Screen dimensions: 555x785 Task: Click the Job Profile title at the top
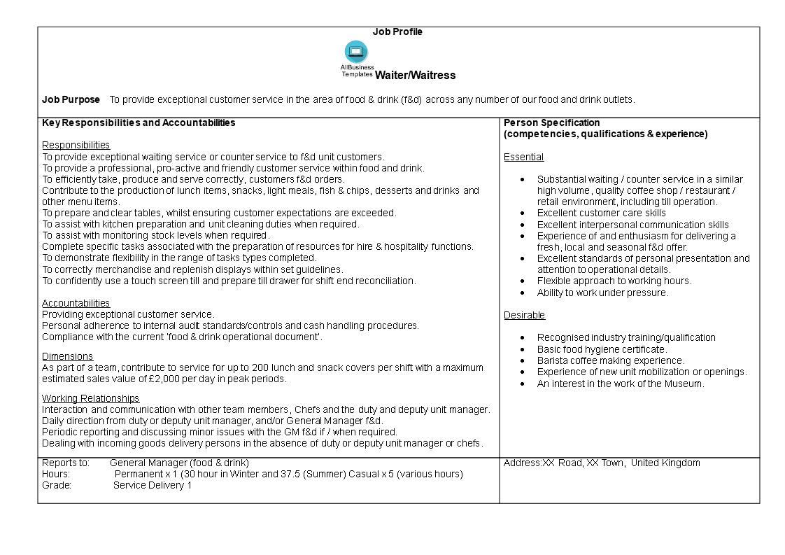(x=397, y=31)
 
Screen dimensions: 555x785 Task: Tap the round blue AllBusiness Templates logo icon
(x=355, y=52)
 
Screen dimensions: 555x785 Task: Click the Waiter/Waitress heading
(x=415, y=76)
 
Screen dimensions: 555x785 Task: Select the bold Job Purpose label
(x=71, y=99)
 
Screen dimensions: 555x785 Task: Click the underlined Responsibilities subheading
(x=76, y=145)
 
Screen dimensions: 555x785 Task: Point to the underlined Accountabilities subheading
(x=76, y=303)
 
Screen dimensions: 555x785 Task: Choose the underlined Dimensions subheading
(x=67, y=356)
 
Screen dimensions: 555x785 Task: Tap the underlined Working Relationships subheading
(x=90, y=398)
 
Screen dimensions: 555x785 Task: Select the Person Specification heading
(x=551, y=122)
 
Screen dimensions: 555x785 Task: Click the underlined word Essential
(x=523, y=157)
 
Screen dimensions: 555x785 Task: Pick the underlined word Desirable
(x=524, y=315)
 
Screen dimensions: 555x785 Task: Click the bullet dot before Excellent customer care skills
(x=523, y=213)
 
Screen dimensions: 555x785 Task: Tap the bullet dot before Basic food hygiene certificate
(x=523, y=349)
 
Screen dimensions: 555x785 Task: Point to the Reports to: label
(x=66, y=463)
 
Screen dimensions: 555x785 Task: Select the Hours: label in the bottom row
(x=56, y=474)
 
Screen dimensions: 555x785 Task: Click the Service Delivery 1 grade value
(x=153, y=485)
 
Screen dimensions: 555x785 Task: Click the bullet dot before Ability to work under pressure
(x=523, y=293)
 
